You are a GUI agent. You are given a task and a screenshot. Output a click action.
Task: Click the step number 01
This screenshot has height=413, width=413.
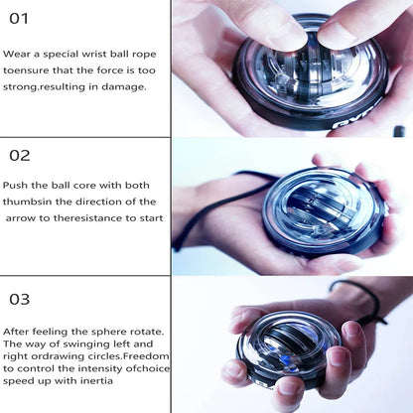[x=19, y=18]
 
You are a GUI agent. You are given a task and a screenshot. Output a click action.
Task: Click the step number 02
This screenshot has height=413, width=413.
[x=19, y=155]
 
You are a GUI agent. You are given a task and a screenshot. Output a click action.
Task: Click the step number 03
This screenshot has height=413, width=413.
[x=19, y=299]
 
